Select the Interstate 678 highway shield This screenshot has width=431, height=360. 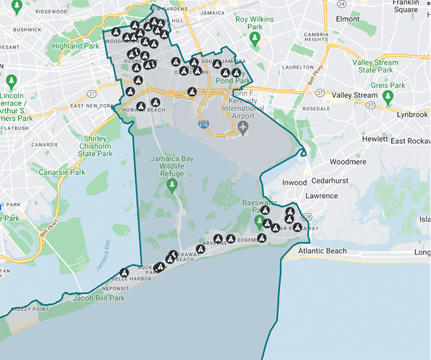click(204, 124)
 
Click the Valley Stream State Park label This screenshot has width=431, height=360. click(375, 66)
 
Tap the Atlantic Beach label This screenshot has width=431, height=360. click(322, 251)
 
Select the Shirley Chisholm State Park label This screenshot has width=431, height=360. click(95, 146)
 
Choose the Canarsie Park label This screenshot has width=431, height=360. click(61, 172)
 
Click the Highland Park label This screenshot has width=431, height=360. click(72, 46)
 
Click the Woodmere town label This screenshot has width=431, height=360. click(348, 162)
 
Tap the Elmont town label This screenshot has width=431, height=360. click(348, 19)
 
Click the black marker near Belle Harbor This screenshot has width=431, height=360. click(124, 272)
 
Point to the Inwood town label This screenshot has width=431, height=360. click(294, 183)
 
